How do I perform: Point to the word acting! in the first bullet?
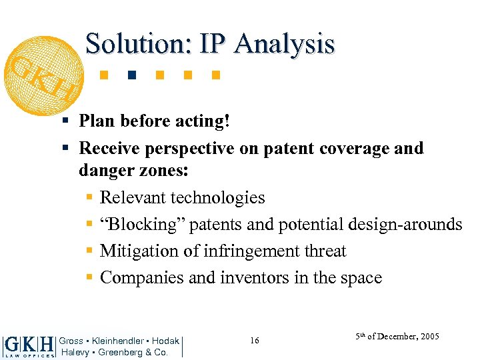(x=209, y=121)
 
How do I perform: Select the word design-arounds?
(x=405, y=224)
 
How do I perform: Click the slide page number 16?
(x=255, y=341)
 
